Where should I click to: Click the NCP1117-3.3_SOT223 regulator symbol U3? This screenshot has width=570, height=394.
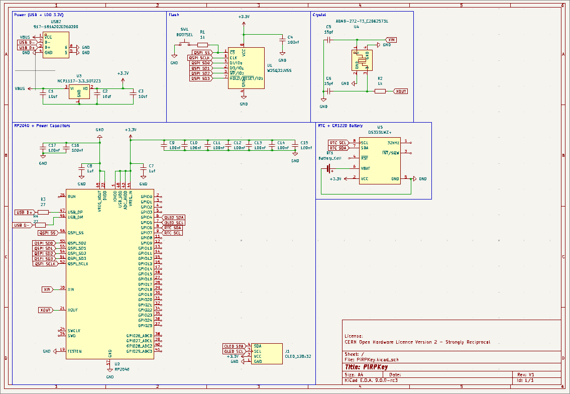point(79,91)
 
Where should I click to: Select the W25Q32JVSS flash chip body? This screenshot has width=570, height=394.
point(246,68)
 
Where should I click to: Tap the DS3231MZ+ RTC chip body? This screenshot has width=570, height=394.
point(380,161)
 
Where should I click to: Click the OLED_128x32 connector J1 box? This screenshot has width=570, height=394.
point(267,354)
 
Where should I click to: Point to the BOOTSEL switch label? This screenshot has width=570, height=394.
point(184,35)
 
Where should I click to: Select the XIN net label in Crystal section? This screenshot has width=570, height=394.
point(391,39)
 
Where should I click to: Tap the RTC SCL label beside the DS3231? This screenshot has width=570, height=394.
point(338,143)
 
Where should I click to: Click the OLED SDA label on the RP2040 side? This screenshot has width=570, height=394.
point(174,217)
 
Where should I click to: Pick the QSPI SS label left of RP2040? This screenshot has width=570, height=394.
point(48,233)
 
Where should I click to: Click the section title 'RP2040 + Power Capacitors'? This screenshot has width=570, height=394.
point(42,126)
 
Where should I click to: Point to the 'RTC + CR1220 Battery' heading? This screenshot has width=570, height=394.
point(340,126)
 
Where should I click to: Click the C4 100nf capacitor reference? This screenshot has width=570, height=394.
point(290,37)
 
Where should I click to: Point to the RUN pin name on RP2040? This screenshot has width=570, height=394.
point(72,196)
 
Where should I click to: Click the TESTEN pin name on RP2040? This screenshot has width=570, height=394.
point(74,351)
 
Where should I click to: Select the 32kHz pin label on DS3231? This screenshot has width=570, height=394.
point(393,142)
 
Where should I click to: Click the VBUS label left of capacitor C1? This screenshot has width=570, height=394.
point(20,88)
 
